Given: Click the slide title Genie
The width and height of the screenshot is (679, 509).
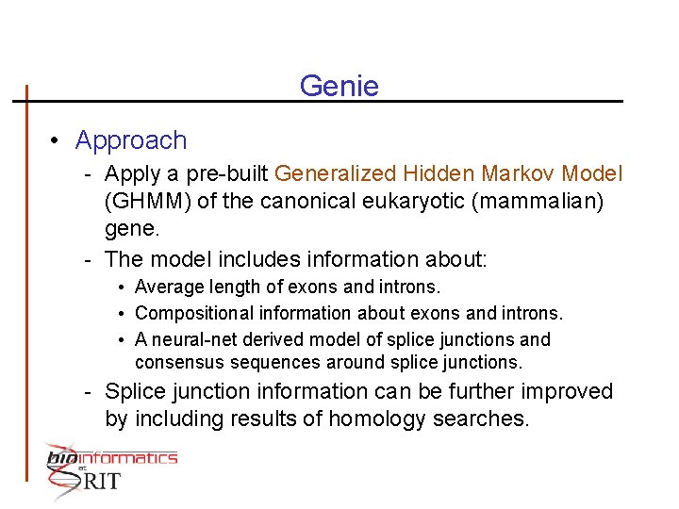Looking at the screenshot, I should coord(339,87).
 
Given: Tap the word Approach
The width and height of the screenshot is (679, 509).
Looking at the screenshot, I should coord(131,140).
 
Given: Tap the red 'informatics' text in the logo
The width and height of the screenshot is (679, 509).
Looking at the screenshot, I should coord(131,458).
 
